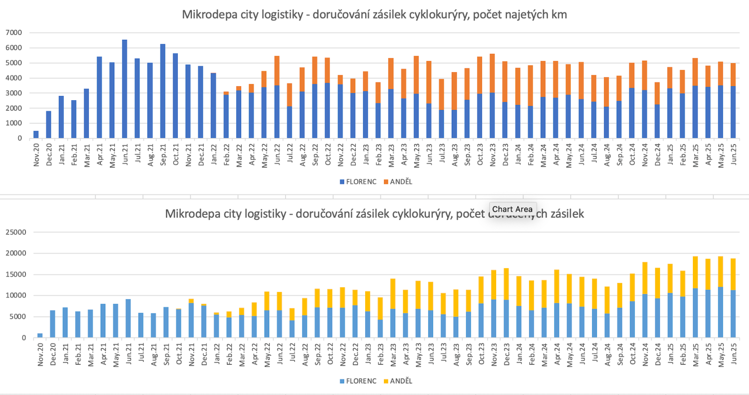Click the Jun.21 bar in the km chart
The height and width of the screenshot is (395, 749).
[125, 89]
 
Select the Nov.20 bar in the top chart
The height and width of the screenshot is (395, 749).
[36, 134]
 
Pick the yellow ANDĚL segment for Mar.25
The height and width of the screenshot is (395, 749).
[695, 272]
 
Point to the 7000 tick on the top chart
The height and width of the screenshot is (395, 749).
[14, 33]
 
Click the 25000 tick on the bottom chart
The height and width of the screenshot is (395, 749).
[16, 232]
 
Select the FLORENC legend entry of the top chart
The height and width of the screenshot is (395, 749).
[358, 182]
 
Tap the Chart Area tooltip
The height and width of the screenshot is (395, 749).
[512, 209]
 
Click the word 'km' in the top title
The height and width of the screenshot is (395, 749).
[559, 15]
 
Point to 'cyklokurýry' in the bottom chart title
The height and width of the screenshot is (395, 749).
[422, 214]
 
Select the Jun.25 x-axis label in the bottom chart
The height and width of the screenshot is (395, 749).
[734, 354]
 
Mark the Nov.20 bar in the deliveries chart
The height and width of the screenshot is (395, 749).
[40, 335]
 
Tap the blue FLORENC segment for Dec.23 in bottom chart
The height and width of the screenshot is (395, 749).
[506, 319]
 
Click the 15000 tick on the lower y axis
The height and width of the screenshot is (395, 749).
[16, 275]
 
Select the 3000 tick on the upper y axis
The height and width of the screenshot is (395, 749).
[14, 93]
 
